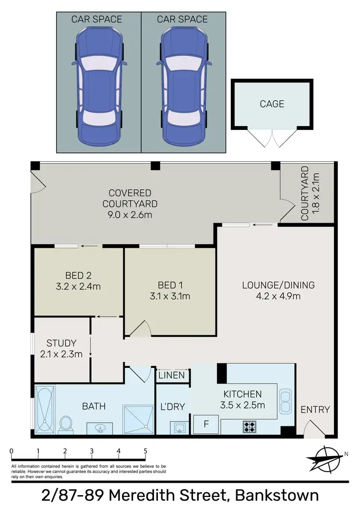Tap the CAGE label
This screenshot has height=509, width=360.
(272, 104)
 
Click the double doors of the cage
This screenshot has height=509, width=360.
(272, 138)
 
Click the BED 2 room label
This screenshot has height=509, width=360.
(78, 275)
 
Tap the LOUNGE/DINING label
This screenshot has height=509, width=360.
(278, 285)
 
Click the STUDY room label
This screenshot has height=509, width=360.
(61, 343)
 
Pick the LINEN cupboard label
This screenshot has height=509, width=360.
(171, 375)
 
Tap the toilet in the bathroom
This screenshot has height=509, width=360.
(66, 424)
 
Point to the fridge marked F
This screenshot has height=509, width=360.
(206, 424)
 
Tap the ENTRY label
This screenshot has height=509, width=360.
(315, 410)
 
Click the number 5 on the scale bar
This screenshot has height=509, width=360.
(145, 451)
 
